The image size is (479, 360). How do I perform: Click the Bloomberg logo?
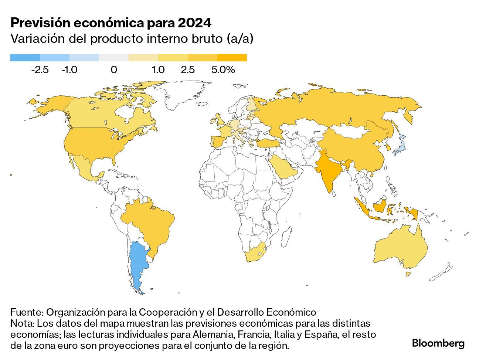(x=438, y=343)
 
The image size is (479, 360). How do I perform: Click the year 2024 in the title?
(x=194, y=23)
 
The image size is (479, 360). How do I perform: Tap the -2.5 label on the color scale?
(x=40, y=70)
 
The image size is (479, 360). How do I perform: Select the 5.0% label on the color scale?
(x=223, y=70)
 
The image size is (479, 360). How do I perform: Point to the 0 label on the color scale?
(x=114, y=70)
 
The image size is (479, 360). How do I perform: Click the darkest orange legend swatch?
(x=232, y=58)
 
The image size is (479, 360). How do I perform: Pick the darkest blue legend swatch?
(x=25, y=58)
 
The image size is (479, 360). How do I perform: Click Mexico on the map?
(x=84, y=166)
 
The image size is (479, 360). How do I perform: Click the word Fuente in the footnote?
(x=26, y=312)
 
